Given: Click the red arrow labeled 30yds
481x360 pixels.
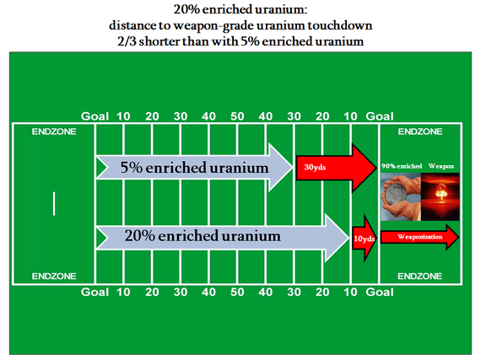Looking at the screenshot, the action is click(x=337, y=168).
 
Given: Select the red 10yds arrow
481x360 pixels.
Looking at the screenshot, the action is click(x=365, y=239).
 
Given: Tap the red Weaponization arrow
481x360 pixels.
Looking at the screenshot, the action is click(x=420, y=237).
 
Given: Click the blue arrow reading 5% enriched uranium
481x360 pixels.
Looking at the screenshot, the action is click(x=194, y=168).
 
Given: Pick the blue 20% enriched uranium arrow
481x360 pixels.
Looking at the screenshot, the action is click(x=223, y=238).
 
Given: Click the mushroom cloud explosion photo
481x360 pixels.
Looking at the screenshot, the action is click(x=440, y=196).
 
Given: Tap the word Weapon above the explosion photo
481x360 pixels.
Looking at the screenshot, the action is click(x=441, y=166).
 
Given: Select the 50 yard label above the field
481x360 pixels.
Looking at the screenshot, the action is click(x=237, y=116).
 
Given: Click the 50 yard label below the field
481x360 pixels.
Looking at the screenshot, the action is click(x=237, y=292).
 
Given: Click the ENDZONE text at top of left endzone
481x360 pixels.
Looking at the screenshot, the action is click(x=54, y=132).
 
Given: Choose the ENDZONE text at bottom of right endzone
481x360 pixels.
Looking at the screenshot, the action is click(x=420, y=277).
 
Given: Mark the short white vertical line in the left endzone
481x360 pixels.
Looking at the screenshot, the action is click(x=54, y=204).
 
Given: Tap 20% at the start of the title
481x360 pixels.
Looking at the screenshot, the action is click(x=186, y=9).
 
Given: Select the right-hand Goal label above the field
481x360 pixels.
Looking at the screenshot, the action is click(x=380, y=116).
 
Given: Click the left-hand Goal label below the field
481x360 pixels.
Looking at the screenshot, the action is click(x=95, y=292).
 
